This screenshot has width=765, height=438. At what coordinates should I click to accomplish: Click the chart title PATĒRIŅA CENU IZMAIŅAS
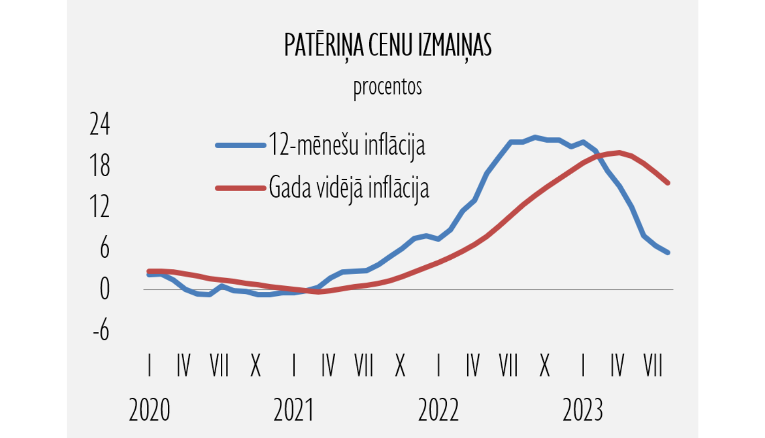click(388, 46)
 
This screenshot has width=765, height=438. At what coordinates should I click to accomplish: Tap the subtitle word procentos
click(388, 87)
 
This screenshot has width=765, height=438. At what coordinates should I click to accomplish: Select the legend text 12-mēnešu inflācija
click(347, 145)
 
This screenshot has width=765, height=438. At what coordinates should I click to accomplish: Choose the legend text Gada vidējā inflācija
click(349, 188)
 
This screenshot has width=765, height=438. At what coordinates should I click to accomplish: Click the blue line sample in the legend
click(241, 145)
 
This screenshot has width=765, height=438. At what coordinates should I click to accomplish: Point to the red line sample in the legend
click(241, 188)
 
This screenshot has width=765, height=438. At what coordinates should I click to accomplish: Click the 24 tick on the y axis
click(99, 124)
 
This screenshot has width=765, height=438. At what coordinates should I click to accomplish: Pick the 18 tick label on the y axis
click(99, 166)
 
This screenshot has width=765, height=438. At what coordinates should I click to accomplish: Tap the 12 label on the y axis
click(99, 207)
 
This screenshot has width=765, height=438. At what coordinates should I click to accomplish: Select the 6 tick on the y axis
click(104, 248)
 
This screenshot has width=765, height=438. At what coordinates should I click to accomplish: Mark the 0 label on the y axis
click(104, 289)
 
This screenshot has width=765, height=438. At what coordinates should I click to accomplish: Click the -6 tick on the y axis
click(101, 331)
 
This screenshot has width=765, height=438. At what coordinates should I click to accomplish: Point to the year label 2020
click(149, 410)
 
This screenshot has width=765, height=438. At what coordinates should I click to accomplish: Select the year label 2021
click(294, 410)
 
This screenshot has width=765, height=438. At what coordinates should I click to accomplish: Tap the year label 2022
click(438, 410)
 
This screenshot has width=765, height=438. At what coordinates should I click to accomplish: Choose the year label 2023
click(583, 410)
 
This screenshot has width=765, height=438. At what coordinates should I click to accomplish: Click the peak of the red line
click(619, 152)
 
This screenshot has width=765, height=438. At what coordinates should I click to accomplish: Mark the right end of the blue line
click(668, 252)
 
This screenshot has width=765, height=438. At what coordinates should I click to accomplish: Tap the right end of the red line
click(668, 182)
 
